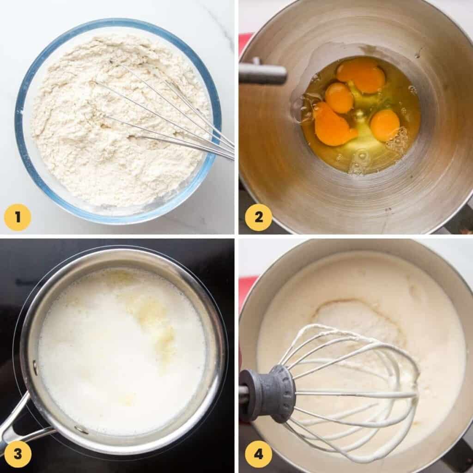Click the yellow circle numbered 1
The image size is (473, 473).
point(18,217)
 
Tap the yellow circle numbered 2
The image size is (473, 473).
point(258,217)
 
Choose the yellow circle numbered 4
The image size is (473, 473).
point(258,454)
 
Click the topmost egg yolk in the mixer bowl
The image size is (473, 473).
point(361,75)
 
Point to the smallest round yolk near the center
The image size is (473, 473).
point(339,97)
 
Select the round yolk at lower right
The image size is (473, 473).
point(385,125)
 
